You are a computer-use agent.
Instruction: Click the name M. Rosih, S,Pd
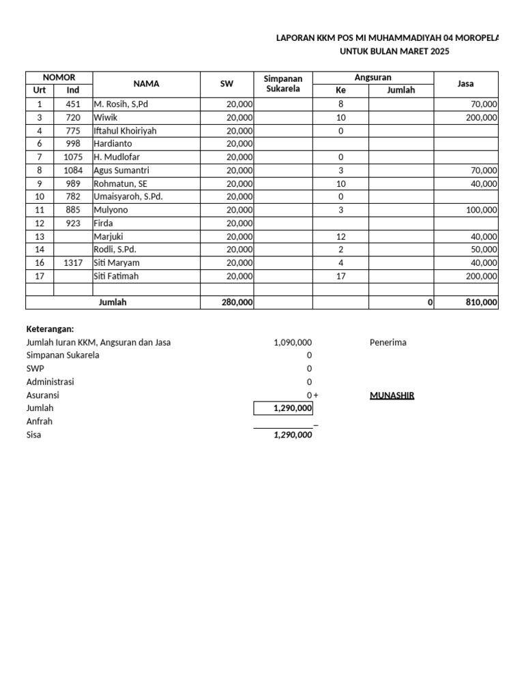click(x=121, y=104)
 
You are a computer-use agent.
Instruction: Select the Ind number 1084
click(x=73, y=170)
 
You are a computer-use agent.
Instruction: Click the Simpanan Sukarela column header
click(x=283, y=84)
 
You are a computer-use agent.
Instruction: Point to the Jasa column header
click(x=465, y=84)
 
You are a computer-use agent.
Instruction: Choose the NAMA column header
click(x=146, y=84)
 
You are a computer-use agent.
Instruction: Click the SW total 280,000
click(x=235, y=303)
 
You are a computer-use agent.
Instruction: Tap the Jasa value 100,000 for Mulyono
click(x=482, y=210)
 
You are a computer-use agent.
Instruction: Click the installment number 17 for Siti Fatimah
click(x=340, y=276)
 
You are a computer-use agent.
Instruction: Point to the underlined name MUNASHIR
click(x=392, y=395)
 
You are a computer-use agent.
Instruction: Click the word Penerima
click(x=388, y=342)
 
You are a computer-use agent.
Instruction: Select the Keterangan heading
click(x=50, y=329)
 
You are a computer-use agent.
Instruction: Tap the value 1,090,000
click(x=293, y=342)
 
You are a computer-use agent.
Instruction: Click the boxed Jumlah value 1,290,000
click(x=293, y=408)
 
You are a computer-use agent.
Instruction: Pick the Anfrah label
click(x=39, y=421)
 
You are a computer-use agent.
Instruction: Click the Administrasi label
click(x=50, y=382)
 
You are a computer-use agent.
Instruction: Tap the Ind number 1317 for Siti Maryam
click(x=73, y=263)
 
